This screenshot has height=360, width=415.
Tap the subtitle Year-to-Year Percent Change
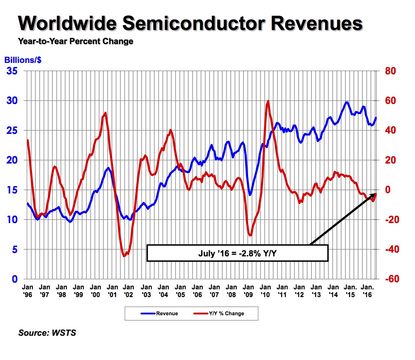[x=76, y=41]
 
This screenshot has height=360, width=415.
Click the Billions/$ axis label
[x=23, y=60]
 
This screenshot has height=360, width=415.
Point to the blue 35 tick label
[x=12, y=71]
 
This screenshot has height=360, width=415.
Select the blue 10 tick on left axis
[x=12, y=220]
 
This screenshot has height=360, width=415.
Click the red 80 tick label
[x=390, y=71]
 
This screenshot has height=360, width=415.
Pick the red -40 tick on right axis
[x=392, y=249]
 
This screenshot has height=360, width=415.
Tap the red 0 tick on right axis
[x=388, y=190]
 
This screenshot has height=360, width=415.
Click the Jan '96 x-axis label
[x=28, y=291]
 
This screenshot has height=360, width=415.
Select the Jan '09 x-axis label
[x=248, y=291]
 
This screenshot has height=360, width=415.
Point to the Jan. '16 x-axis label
[x=367, y=291]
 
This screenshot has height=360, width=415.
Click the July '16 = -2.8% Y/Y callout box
[x=237, y=253]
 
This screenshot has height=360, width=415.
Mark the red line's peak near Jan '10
[x=268, y=101]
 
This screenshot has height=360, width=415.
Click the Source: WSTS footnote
[x=47, y=333]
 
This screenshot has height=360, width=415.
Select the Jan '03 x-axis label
[x=146, y=291]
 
